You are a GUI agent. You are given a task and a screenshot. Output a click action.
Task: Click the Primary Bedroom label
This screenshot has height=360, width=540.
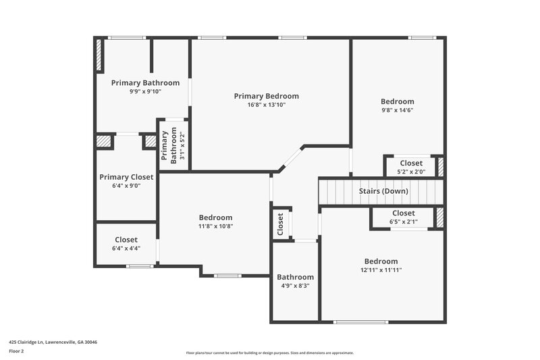(266, 96)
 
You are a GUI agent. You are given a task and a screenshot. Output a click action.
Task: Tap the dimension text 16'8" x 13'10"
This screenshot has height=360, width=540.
(266, 105)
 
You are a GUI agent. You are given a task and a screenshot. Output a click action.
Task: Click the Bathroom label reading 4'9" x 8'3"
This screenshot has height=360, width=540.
(295, 277)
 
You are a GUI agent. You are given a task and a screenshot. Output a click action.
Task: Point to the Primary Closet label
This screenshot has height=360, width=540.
(126, 177)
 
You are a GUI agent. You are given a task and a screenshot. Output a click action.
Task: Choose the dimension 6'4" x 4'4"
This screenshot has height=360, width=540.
(126, 248)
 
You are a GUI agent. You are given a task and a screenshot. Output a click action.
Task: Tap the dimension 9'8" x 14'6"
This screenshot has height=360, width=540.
(398, 110)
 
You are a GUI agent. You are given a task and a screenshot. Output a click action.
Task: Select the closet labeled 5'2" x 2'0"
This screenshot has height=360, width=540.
(411, 163)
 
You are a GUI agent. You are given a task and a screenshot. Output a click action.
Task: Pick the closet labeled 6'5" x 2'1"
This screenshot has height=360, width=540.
(402, 213)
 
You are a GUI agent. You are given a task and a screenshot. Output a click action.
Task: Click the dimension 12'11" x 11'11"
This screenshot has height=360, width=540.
(381, 270)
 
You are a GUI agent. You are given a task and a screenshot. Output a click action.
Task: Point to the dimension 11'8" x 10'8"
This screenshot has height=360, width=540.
(215, 226)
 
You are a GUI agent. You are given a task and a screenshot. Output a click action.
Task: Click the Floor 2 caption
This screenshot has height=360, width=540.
(16, 351)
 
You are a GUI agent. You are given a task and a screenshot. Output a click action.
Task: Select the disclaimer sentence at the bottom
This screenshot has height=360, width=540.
(269, 353)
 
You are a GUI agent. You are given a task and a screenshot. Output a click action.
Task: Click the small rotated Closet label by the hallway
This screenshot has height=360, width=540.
(281, 222)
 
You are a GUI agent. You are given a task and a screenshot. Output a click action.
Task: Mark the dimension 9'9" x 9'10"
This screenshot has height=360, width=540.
(145, 91)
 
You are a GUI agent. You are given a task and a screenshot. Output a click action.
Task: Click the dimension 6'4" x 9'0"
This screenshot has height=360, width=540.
(126, 186)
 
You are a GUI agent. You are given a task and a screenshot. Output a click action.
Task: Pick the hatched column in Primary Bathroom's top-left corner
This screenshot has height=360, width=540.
(99, 55)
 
